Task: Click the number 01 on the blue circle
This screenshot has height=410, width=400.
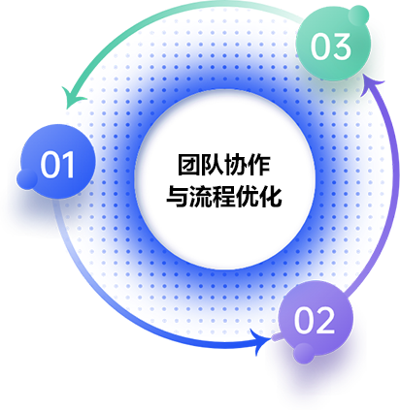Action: click(x=57, y=164)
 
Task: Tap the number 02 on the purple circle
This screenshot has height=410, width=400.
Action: click(x=315, y=321)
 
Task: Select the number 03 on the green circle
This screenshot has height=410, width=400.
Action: click(x=330, y=47)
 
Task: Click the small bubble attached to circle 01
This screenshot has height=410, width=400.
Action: click(x=27, y=179)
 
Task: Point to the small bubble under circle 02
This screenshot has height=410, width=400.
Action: click(x=304, y=353)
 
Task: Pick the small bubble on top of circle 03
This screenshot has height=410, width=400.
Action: click(x=358, y=15)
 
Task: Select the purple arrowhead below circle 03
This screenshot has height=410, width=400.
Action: click(x=373, y=85)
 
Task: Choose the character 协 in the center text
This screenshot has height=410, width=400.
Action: click(x=236, y=165)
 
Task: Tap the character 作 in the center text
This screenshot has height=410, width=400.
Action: click(x=259, y=165)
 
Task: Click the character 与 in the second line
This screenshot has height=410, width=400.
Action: click(x=178, y=197)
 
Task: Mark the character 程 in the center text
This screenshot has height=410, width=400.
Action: click(x=224, y=197)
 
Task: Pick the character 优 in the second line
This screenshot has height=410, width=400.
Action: click(x=248, y=197)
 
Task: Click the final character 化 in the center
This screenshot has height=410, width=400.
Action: click(x=271, y=197)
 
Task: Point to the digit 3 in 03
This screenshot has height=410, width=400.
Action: click(x=341, y=47)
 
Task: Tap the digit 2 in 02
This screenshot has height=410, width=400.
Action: click(x=325, y=321)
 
